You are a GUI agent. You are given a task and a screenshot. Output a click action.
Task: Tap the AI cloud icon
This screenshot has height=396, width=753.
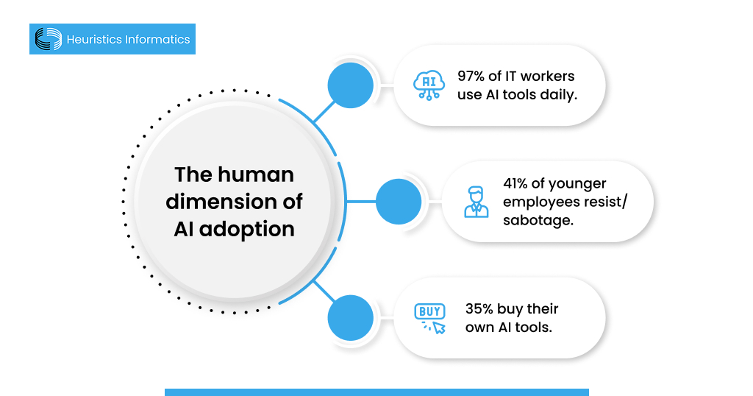pos(429,85)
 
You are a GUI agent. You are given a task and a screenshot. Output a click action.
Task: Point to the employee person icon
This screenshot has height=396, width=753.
pos(476,202)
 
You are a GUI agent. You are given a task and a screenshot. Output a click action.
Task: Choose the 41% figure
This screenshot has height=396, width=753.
pos(518,183)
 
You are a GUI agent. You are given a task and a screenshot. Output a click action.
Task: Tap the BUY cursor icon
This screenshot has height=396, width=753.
pos(430,318)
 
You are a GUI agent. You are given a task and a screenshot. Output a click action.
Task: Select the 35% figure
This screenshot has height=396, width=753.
pos(479,308)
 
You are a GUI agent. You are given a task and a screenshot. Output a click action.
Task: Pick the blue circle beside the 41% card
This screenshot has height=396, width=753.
pos(399,202)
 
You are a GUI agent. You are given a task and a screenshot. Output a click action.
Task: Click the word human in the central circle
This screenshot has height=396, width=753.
pos(256,174)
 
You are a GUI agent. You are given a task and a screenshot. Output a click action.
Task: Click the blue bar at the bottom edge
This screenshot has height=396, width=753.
pos(376,392)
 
